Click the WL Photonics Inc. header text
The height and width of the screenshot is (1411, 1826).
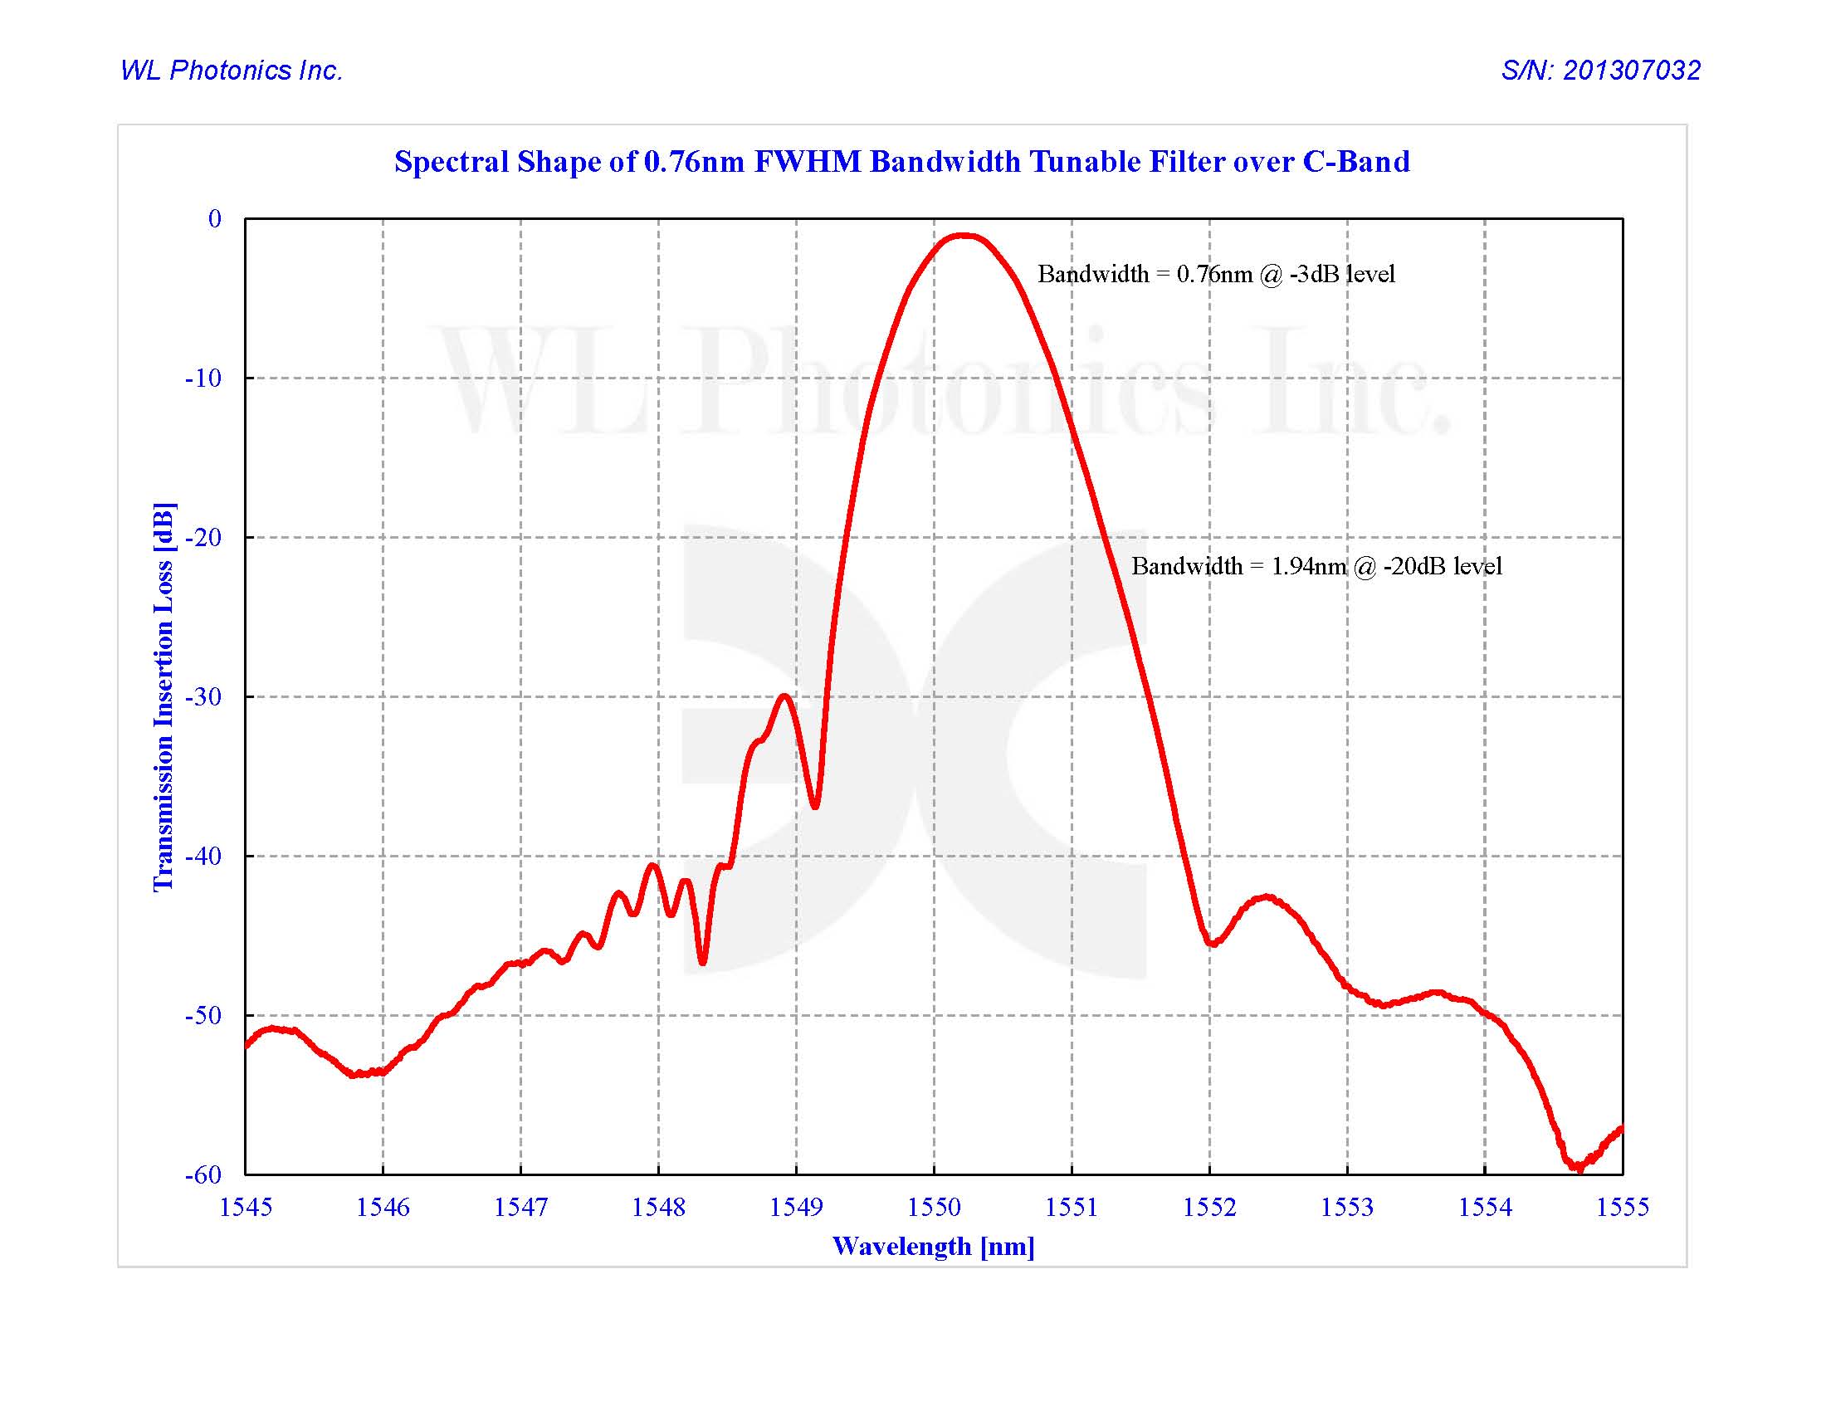232,71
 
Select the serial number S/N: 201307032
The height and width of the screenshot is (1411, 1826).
1600,71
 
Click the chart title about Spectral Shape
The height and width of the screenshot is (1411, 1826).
901,161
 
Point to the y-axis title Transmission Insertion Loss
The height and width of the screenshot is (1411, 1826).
164,696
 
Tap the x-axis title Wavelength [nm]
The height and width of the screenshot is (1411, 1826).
933,1247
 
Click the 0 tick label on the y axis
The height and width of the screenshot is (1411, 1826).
215,219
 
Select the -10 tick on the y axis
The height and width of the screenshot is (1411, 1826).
203,378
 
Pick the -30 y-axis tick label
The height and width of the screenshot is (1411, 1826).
203,697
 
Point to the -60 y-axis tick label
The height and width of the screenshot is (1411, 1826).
203,1175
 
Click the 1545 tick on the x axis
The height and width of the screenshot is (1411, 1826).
245,1207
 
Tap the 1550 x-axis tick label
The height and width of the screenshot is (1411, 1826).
934,1207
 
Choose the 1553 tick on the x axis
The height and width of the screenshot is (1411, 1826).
1347,1207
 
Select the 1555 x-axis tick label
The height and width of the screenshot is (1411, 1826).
1622,1207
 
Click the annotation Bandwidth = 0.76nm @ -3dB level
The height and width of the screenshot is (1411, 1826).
1216,274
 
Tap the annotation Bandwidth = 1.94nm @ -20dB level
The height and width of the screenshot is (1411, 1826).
1316,567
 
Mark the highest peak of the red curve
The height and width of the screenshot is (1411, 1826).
963,236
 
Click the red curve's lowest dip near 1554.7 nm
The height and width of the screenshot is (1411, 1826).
1577,1167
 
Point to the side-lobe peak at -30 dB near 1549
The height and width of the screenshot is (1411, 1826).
784,696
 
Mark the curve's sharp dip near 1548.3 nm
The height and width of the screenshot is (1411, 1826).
702,962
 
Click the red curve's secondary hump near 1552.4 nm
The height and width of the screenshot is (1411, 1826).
1267,897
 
